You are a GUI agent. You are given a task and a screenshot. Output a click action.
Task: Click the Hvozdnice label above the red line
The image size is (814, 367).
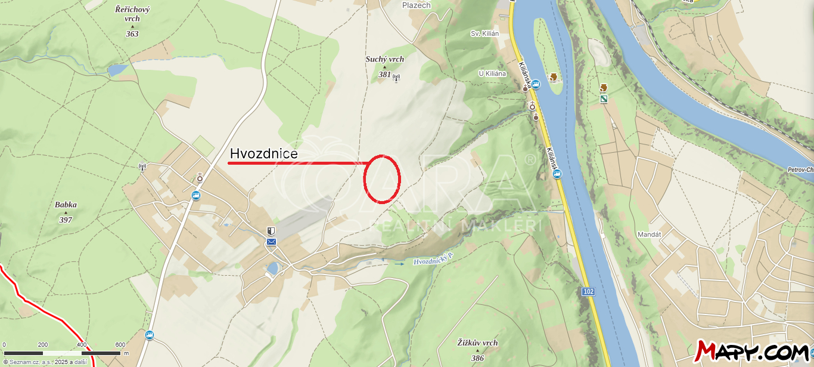pos(263,154)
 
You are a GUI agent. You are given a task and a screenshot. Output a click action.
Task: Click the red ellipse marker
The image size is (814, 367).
pos(381,179)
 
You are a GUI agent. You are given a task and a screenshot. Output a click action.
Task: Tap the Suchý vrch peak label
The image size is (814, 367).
pos(384,59)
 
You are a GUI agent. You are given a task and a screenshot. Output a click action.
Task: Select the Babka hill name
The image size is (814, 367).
pos(66,205)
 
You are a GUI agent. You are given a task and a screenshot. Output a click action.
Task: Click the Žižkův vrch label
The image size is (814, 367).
pos(477,343)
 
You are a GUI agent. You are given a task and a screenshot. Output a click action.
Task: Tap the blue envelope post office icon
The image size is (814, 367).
pos(272,241)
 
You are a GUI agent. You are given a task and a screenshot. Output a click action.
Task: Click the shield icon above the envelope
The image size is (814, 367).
pos(272,231)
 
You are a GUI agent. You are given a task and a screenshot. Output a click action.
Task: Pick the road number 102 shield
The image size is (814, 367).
pos(588,291)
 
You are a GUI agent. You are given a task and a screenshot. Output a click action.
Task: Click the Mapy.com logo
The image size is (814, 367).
pos(752,351)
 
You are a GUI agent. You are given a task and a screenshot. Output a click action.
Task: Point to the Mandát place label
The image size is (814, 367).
pos(649,235)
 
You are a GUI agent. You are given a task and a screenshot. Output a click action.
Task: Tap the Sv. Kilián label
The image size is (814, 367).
pos(483,33)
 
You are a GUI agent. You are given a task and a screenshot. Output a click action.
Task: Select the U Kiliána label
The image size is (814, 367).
pos(492,73)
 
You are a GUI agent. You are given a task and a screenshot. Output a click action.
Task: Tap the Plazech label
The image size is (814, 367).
pos(416,5)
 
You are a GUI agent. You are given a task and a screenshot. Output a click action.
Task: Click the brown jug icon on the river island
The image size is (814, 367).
pos(554,77)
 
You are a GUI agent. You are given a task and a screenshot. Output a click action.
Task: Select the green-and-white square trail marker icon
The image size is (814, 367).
pos(604,98)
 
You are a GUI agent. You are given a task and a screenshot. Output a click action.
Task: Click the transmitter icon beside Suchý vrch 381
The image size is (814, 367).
pos(397,76)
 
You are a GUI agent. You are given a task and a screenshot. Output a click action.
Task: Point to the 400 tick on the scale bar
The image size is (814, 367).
pos(82,345)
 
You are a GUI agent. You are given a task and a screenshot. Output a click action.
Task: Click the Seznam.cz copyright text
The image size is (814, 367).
pos(44,362)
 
